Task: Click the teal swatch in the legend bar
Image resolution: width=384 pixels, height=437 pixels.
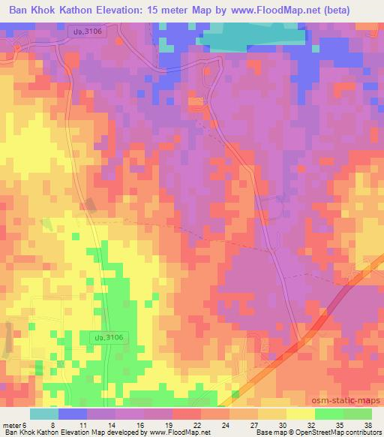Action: click(x=44, y=414)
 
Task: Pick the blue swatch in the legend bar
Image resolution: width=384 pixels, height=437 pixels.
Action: click(x=73, y=414)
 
